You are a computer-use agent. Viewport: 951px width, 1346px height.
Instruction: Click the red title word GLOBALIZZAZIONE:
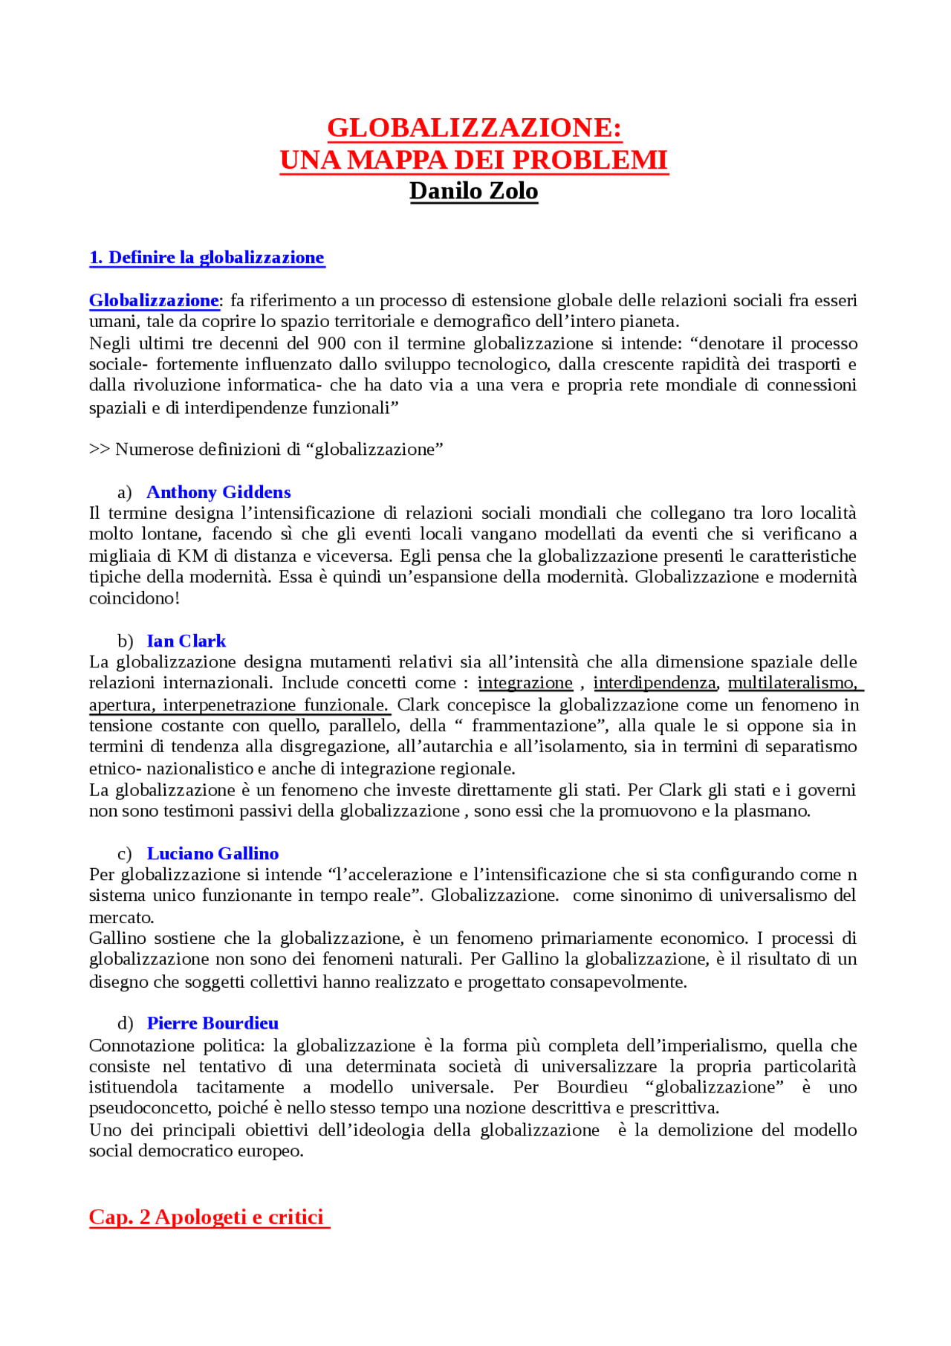pyautogui.click(x=474, y=128)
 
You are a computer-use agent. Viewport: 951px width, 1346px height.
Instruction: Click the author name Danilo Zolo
pyautogui.click(x=474, y=191)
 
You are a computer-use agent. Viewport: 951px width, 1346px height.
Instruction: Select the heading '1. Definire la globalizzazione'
pyautogui.click(x=207, y=257)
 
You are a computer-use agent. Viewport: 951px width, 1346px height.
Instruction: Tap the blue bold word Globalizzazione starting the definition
pyautogui.click(x=154, y=300)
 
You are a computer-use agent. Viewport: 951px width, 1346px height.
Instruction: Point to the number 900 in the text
pyautogui.click(x=331, y=343)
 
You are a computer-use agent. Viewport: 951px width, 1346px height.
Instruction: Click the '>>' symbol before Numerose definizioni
pyautogui.click(x=99, y=449)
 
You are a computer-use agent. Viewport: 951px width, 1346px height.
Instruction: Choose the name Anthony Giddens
pyautogui.click(x=218, y=492)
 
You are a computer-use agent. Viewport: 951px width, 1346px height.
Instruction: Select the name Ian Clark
pyautogui.click(x=186, y=641)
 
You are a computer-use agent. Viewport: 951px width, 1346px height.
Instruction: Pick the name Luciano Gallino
pyautogui.click(x=212, y=853)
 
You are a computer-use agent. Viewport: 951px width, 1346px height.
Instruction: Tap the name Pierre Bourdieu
pyautogui.click(x=212, y=1023)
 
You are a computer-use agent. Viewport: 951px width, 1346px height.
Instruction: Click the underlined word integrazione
pyautogui.click(x=525, y=683)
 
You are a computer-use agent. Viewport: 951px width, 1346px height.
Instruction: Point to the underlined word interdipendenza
pyautogui.click(x=655, y=683)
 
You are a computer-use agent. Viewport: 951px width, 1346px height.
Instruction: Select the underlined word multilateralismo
pyautogui.click(x=792, y=683)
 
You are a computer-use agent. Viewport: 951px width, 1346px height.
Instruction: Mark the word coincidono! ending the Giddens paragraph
pyautogui.click(x=134, y=598)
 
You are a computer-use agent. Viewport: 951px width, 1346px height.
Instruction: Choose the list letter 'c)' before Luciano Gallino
pyautogui.click(x=124, y=853)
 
